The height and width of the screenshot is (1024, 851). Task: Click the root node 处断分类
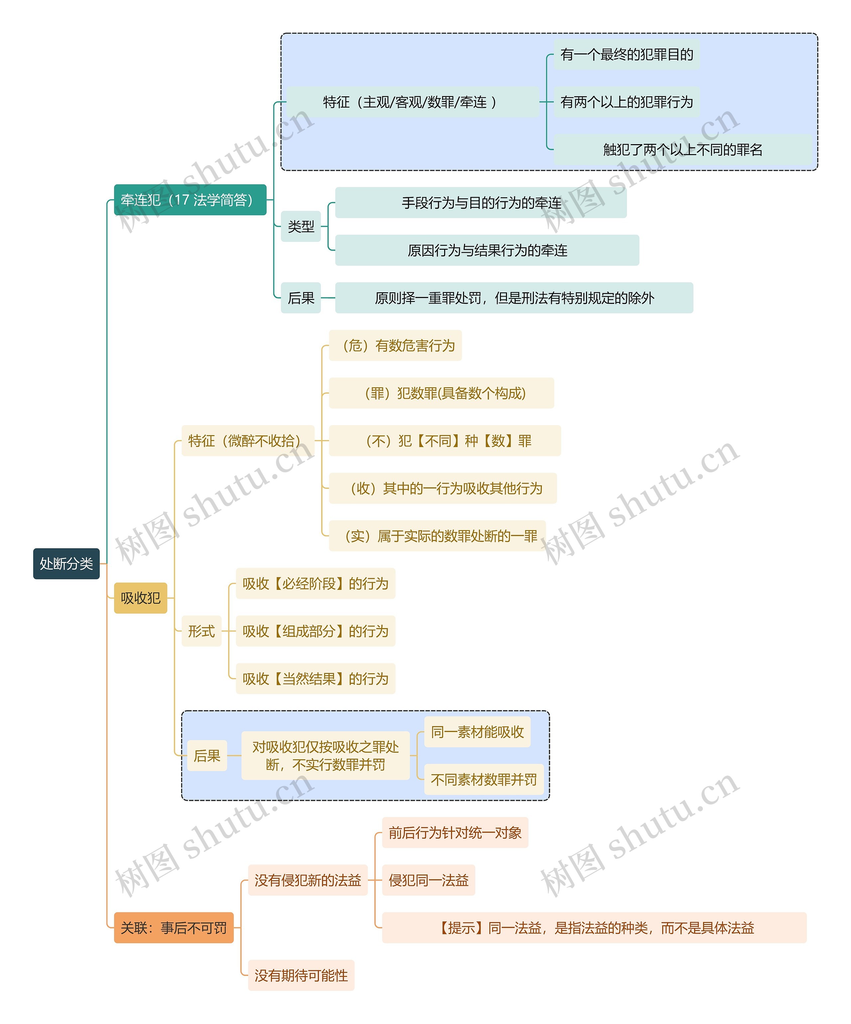(66, 564)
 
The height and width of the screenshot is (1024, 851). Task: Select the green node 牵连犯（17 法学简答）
(190, 200)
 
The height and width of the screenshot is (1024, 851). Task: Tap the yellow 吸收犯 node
(141, 598)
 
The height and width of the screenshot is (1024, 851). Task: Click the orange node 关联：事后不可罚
(174, 927)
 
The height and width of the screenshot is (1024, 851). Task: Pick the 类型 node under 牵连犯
(301, 226)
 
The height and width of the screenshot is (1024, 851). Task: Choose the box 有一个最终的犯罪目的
(627, 54)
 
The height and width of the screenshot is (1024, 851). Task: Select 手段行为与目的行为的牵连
(481, 202)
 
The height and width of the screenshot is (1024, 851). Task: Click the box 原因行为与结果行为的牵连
(487, 250)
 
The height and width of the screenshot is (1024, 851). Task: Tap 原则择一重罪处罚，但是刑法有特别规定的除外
(514, 298)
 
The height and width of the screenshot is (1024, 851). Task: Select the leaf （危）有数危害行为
(395, 345)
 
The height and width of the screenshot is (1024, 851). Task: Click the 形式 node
(201, 631)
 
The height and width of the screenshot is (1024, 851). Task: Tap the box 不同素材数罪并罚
(484, 779)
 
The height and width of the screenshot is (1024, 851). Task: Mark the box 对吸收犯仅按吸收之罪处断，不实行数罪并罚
(325, 755)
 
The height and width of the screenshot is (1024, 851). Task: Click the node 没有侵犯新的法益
(308, 880)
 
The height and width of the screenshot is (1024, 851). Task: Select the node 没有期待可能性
(301, 975)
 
